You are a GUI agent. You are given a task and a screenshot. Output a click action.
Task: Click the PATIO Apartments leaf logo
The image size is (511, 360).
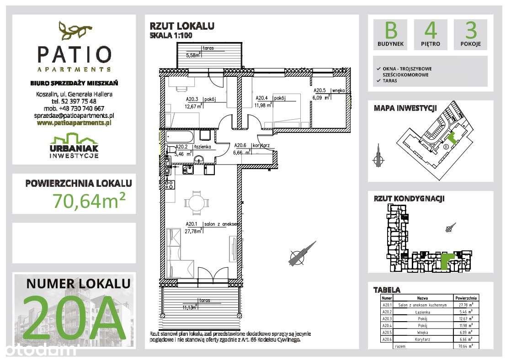(74, 31)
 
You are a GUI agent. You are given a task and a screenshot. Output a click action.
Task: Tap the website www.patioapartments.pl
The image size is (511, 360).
(75, 122)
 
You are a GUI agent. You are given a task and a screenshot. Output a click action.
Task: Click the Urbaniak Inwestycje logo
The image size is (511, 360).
(74, 145)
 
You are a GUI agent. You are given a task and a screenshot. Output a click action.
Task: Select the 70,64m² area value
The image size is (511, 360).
(89, 200)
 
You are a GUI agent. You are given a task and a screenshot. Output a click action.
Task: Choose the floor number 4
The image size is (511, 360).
(431, 31)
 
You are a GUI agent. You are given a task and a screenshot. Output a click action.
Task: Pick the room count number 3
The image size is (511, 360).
(470, 31)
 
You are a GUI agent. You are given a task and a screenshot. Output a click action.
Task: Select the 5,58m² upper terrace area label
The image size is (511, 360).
(193, 55)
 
